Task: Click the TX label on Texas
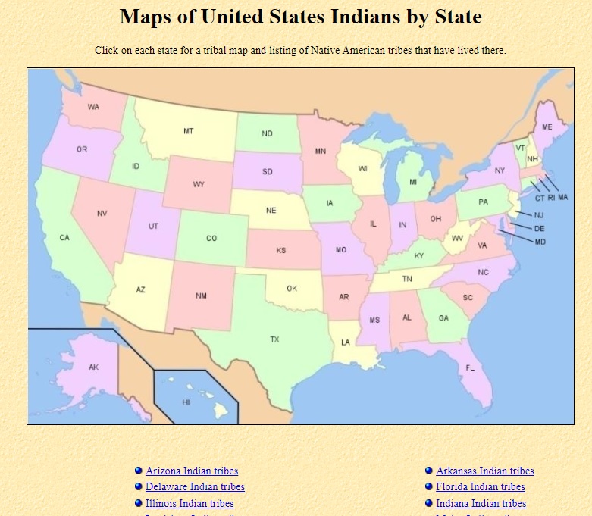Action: tap(274, 339)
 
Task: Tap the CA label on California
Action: tap(64, 238)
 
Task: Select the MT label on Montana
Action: tap(188, 131)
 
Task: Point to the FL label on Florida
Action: tap(470, 368)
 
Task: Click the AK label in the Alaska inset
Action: tap(93, 367)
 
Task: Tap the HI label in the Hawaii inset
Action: tap(186, 402)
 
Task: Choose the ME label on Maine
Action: tap(547, 127)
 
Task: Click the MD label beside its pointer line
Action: tap(540, 242)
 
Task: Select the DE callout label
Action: tap(539, 228)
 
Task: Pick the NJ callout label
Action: tap(538, 215)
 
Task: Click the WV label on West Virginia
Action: tap(457, 238)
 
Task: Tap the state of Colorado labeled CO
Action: tap(211, 239)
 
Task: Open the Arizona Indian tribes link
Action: tap(192, 471)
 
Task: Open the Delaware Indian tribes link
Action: tap(195, 487)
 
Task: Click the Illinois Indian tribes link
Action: tap(190, 503)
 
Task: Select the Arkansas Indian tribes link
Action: tap(484, 471)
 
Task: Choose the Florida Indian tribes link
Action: tap(480, 487)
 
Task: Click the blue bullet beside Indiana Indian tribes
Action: tap(429, 503)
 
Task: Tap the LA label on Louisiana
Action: tap(346, 342)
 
